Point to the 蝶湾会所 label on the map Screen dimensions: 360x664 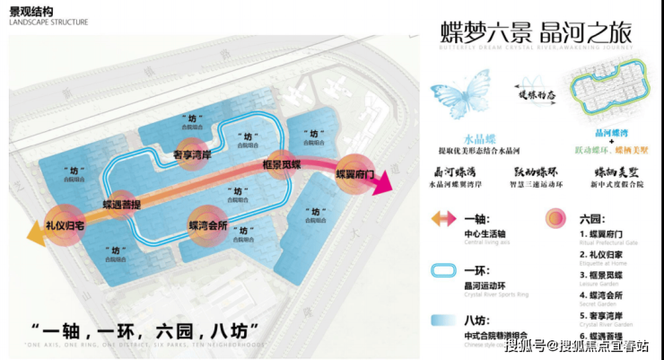tap(207, 224)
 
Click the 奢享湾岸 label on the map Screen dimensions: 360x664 tap(190, 154)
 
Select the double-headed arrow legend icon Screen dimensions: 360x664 tap(446, 219)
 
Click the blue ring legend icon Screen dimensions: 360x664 tap(446, 269)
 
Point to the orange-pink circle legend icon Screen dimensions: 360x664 tap(558, 219)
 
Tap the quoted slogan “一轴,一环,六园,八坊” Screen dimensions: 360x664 tap(144, 329)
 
